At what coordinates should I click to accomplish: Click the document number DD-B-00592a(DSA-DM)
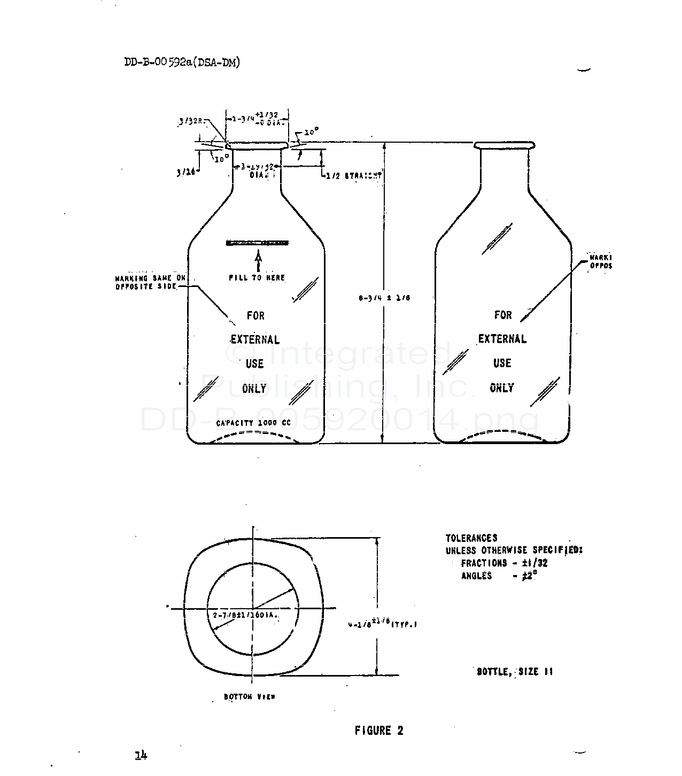[182, 62]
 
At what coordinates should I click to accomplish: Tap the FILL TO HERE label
[257, 278]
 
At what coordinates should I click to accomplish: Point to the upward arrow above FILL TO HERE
[258, 261]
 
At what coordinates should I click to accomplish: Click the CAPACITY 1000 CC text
[253, 423]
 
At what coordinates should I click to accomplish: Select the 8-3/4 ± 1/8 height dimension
[384, 298]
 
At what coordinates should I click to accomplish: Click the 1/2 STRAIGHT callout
[353, 175]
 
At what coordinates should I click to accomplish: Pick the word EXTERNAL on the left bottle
[255, 339]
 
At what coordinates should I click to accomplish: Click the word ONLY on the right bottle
[502, 388]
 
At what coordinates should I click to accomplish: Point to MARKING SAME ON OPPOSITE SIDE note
[151, 282]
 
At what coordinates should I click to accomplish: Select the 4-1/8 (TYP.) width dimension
[383, 624]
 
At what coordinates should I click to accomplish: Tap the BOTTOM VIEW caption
[250, 697]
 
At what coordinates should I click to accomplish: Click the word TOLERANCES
[471, 538]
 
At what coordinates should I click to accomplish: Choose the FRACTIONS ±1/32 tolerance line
[504, 563]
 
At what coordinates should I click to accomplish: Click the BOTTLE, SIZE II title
[515, 671]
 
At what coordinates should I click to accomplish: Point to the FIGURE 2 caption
[379, 731]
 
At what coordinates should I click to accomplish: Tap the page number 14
[141, 755]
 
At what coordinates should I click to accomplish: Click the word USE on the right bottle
[502, 363]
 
